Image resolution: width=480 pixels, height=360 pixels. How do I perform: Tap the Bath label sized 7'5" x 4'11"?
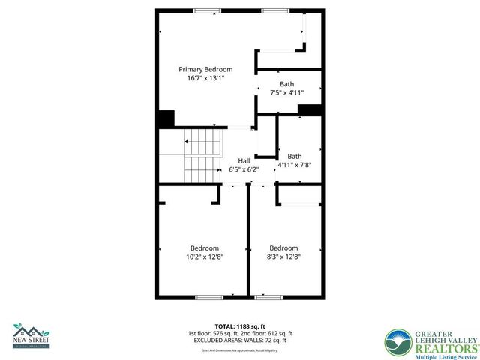click(x=287, y=84)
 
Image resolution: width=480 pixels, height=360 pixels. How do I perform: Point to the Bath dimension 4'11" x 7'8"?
click(x=294, y=164)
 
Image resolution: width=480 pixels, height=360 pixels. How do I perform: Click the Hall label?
click(x=244, y=161)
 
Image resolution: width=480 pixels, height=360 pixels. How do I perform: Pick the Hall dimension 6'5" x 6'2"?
click(x=244, y=169)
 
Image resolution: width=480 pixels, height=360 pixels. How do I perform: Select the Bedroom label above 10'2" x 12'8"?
click(x=204, y=248)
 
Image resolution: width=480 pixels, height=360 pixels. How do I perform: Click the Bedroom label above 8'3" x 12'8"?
click(x=283, y=248)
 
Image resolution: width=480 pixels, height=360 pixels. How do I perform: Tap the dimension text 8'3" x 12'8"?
click(x=283, y=256)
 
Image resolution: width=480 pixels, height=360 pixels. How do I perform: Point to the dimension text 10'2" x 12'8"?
click(x=204, y=256)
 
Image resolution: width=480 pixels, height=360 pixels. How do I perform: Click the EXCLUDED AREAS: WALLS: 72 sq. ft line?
click(x=240, y=340)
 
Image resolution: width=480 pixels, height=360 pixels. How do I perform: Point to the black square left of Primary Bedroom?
click(x=166, y=118)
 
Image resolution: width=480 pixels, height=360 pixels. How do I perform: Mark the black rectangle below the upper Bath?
click(x=309, y=110)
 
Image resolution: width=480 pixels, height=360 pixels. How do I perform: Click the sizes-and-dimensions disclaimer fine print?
click(x=240, y=349)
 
